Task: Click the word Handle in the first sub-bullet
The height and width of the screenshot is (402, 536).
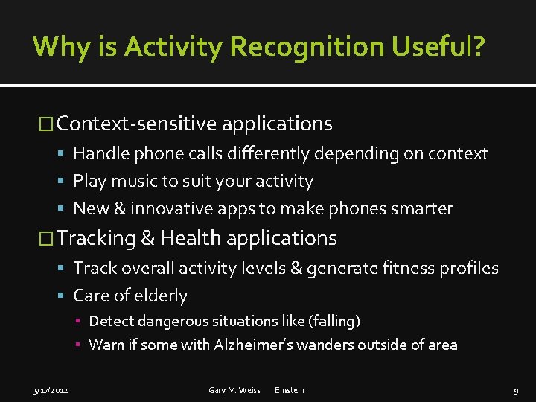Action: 100,154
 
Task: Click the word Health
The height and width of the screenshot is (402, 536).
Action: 191,238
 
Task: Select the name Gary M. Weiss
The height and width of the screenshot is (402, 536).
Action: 234,390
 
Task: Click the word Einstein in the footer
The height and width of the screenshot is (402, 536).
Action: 290,390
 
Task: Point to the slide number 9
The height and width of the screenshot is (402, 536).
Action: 516,390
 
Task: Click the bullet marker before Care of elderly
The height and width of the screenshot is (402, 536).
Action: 63,296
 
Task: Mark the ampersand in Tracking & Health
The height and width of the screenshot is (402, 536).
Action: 147,238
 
